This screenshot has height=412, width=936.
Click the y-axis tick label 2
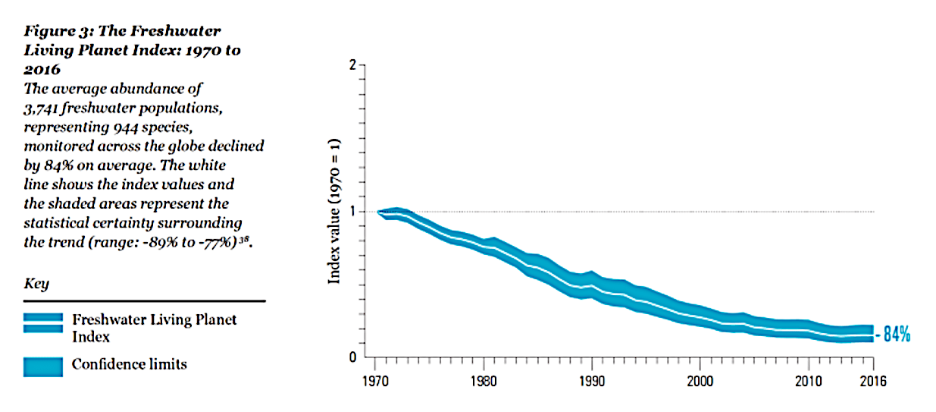[352, 65]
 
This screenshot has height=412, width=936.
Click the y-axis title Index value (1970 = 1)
[334, 211]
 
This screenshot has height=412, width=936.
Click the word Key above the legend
[36, 284]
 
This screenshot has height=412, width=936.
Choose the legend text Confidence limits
[129, 364]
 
